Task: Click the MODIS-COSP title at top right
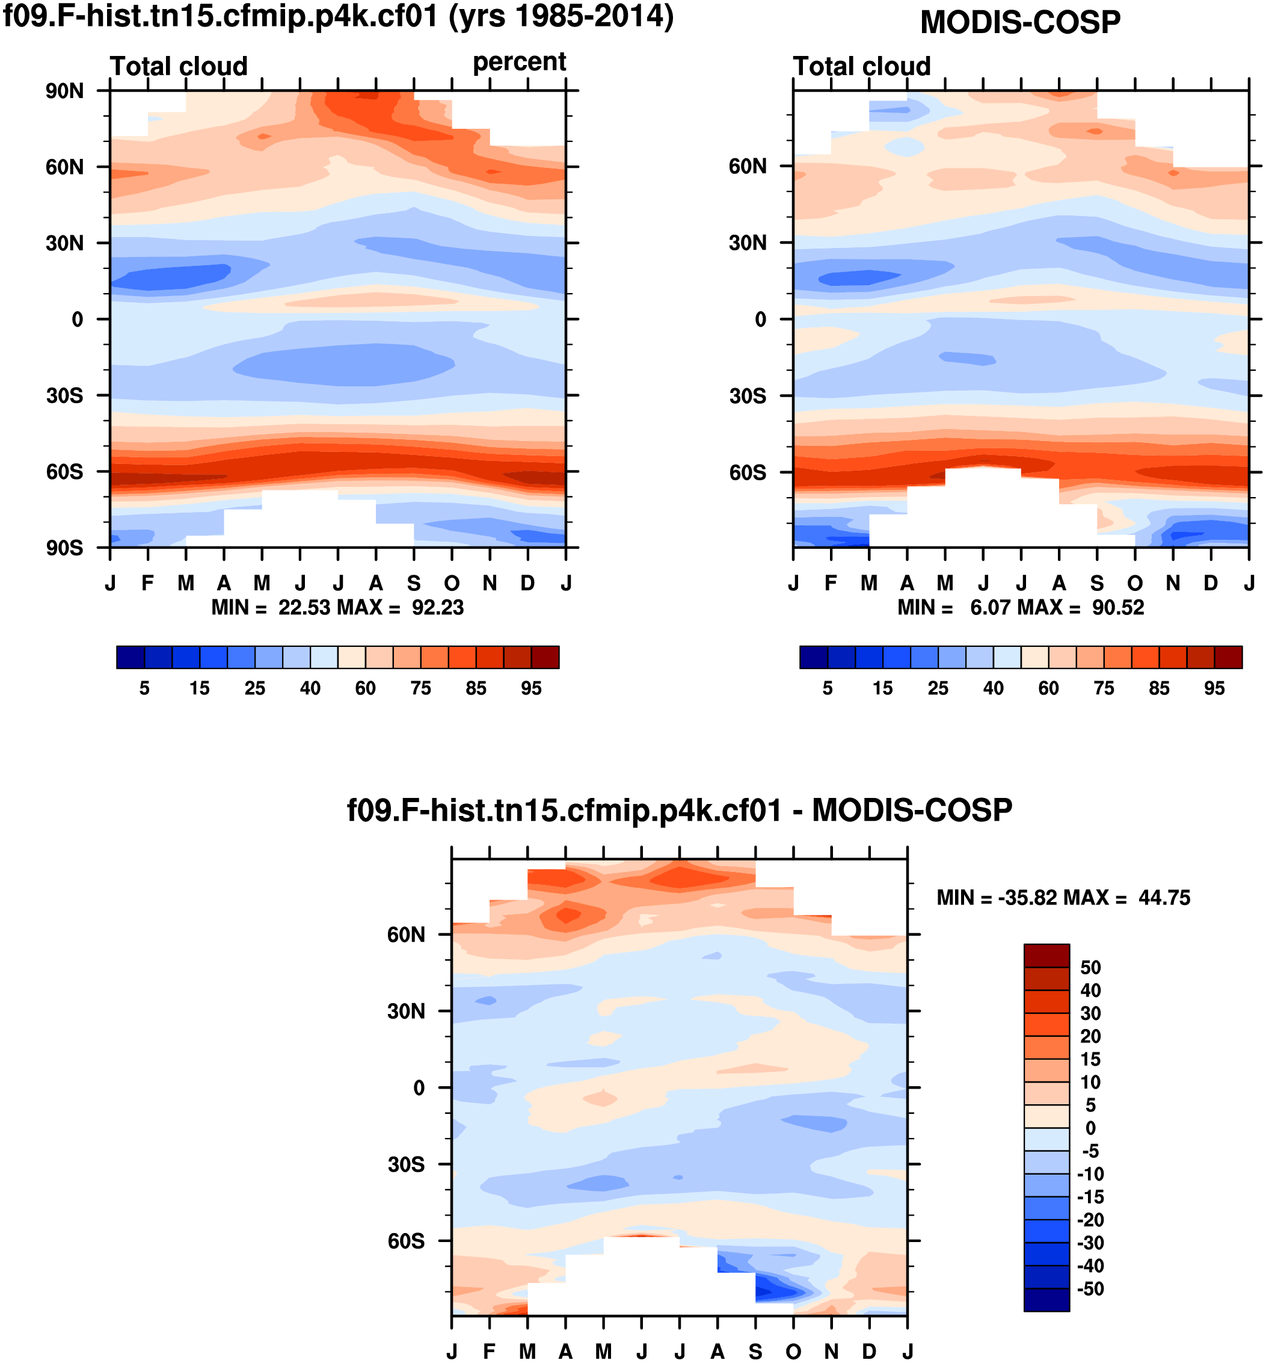coord(1019,23)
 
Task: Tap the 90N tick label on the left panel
coord(64,91)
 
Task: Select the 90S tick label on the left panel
coord(64,548)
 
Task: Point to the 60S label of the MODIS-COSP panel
coord(748,472)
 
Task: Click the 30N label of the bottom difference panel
coord(405,1012)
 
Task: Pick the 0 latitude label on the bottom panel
coord(419,1088)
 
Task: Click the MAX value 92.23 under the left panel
coord(438,608)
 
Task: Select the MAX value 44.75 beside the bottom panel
coord(1164,898)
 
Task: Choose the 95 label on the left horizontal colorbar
coord(531,688)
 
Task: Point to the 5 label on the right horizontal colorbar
coord(828,688)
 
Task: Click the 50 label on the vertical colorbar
coord(1090,968)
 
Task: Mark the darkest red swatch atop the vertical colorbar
coord(1046,955)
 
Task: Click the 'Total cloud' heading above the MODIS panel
coord(862,66)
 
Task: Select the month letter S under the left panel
coord(414,583)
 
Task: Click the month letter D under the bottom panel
coord(868,1352)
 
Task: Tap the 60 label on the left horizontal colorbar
coord(365,688)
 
